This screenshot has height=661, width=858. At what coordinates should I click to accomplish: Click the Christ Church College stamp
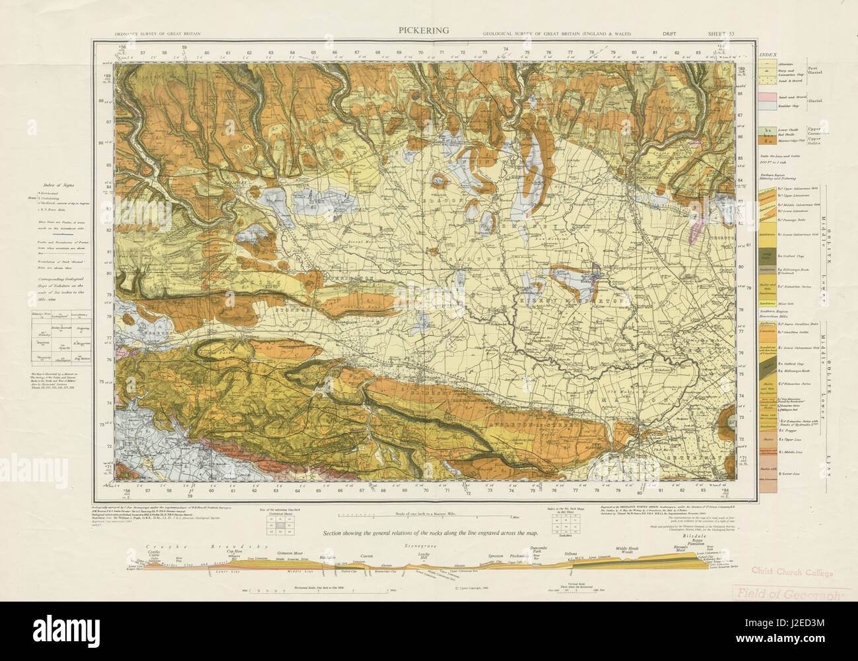791,572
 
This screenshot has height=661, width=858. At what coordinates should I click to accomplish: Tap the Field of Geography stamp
791,594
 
